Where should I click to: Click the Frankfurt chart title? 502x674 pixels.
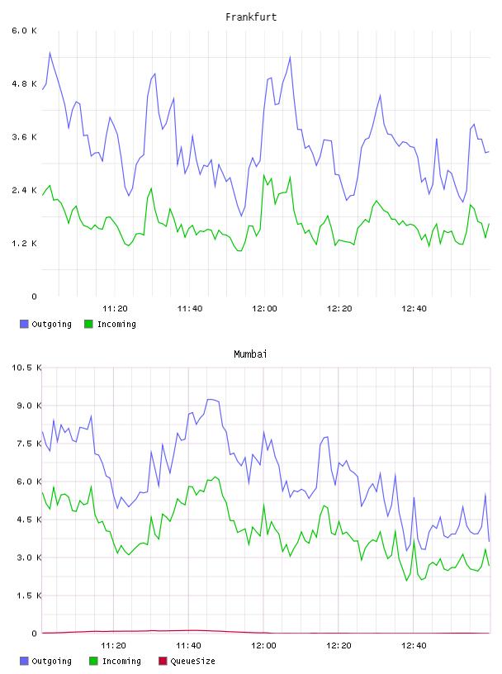(251, 17)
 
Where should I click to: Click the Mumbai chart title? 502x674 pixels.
(250, 354)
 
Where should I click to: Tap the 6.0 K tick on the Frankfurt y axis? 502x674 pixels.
(24, 31)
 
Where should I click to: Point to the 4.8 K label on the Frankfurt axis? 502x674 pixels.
(24, 83)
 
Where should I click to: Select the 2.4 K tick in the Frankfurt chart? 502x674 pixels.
(24, 190)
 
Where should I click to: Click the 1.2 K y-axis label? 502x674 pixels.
(24, 244)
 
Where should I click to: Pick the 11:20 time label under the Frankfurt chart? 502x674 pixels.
(115, 309)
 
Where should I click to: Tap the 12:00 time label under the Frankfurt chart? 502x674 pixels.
(264, 309)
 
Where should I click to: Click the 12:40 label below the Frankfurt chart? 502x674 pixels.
(414, 309)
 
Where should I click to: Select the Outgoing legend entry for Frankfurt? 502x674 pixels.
(45, 324)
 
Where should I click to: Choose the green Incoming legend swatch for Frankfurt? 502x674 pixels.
(88, 324)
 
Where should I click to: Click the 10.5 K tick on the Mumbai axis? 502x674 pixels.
(26, 368)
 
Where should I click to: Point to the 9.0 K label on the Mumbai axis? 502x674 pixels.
(29, 406)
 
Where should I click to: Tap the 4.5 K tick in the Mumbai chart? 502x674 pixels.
(29, 520)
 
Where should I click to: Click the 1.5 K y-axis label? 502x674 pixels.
(29, 596)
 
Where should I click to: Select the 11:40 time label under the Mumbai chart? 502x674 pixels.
(188, 646)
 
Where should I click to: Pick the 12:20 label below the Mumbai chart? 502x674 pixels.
(339, 646)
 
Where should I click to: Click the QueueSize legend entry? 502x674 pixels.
(187, 661)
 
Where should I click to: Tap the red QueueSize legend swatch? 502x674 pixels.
(163, 661)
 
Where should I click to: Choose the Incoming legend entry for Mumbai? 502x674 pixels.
(115, 661)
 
